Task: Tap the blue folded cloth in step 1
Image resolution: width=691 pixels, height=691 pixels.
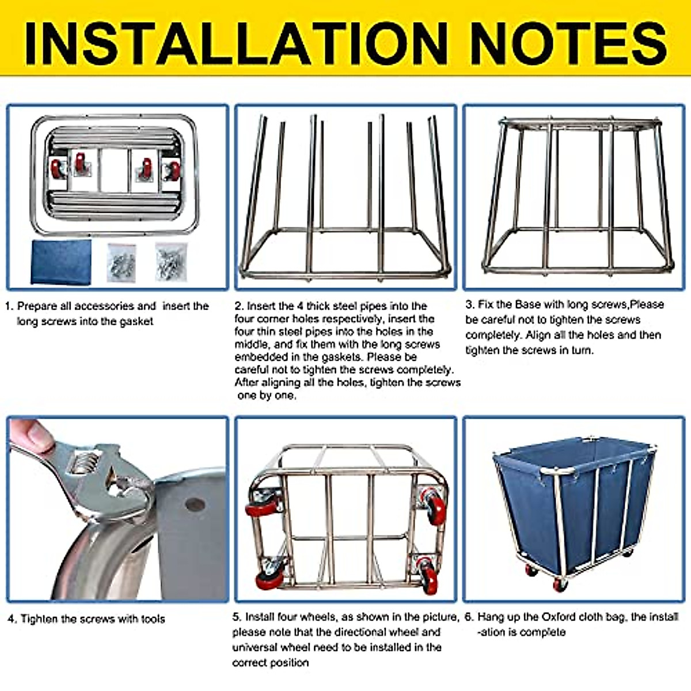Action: pos(61,262)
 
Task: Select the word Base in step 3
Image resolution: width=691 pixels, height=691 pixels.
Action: pos(529,305)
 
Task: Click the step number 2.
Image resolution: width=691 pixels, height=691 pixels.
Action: pos(238,306)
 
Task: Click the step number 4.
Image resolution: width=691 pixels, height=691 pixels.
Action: pos(12,619)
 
